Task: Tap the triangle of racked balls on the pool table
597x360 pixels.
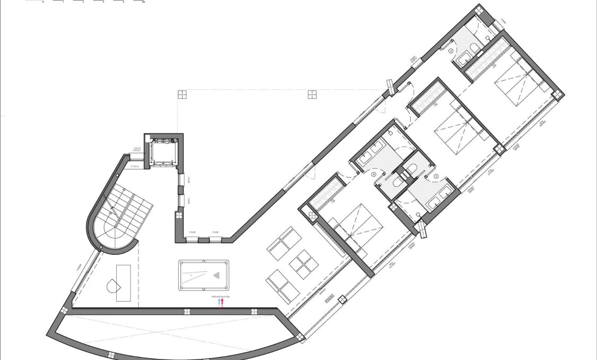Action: coord(217,276)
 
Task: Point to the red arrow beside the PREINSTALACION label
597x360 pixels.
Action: coord(222,303)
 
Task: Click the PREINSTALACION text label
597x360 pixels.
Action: coord(220,296)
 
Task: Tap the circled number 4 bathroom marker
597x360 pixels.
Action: coord(374,174)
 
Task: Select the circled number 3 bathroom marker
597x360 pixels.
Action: coord(436,175)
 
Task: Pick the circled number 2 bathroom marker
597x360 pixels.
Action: coord(451,51)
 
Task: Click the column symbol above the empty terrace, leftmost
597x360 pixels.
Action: coord(182,95)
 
